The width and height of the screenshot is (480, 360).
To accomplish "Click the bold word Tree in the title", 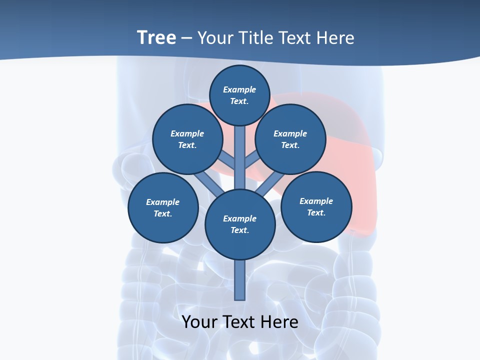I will (x=156, y=38).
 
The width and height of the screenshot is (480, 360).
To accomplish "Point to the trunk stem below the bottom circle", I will (x=240, y=280).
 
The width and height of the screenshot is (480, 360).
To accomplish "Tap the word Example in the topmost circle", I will (x=239, y=90).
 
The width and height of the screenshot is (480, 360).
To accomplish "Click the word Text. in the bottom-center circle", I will (x=239, y=230).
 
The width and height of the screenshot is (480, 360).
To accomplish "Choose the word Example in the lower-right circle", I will (x=316, y=201).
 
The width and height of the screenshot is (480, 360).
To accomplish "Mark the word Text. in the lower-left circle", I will (x=163, y=214).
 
